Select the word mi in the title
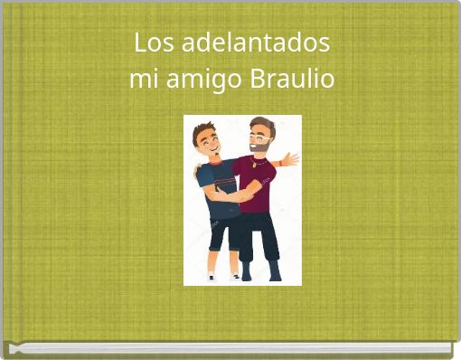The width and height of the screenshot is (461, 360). [141, 81]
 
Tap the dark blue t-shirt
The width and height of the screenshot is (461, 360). [221, 185]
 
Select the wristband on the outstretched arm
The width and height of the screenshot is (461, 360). [281, 164]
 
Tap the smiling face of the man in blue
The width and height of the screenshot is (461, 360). [208, 140]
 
